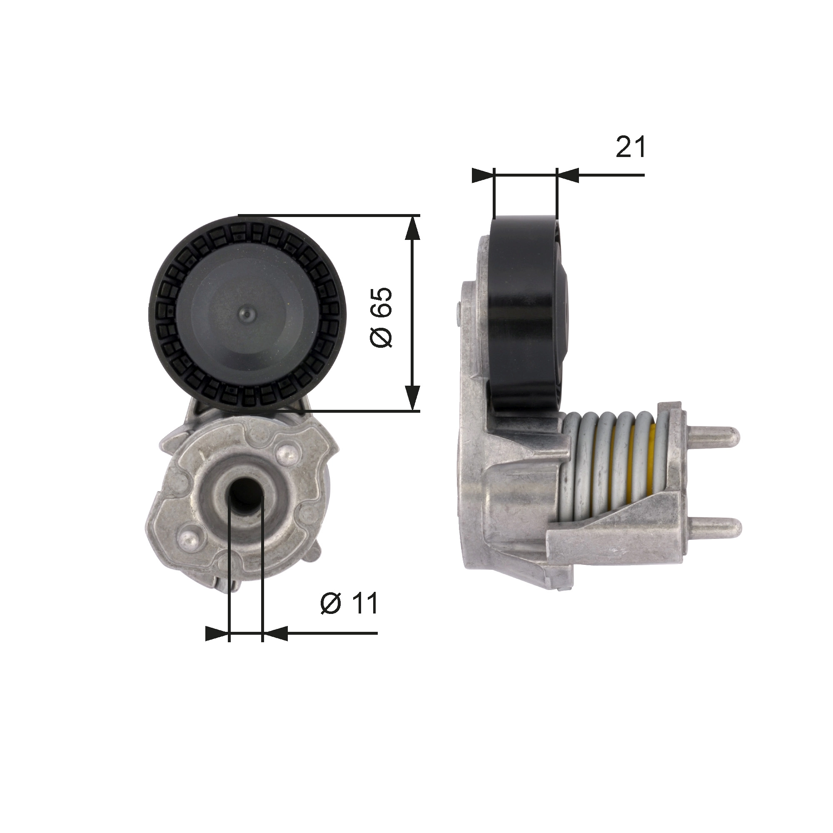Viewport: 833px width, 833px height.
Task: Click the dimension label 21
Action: [630, 147]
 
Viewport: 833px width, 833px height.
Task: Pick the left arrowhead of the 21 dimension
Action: [482, 175]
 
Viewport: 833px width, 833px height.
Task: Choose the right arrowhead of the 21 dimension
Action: [568, 175]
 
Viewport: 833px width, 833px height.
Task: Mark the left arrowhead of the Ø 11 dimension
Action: [217, 633]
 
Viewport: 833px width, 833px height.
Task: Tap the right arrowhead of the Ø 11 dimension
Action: [274, 633]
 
